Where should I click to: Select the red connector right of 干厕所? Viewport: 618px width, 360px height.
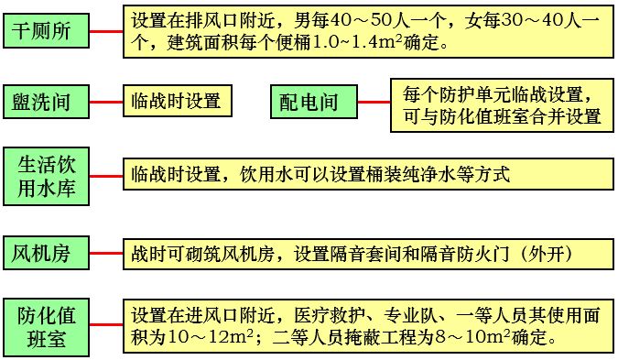point(107,32)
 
